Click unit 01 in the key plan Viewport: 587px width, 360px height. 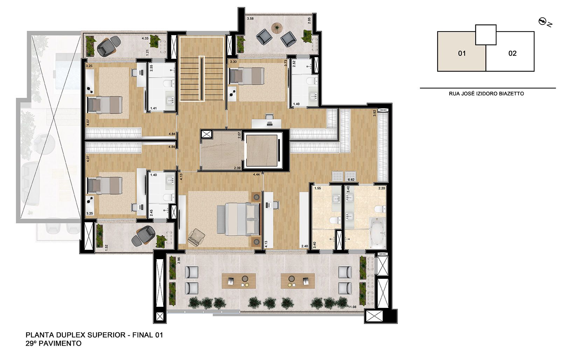462,53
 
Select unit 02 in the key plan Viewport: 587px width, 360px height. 512,53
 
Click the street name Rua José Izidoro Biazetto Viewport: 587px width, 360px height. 486,94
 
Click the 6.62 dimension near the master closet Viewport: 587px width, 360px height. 351,180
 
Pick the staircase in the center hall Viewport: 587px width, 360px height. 202,79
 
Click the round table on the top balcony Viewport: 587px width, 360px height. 277,27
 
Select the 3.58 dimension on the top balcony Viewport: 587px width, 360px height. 250,18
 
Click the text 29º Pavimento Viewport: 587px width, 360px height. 54,344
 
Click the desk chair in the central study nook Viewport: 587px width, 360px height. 269,117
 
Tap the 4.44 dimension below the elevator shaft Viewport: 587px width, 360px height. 256,174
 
